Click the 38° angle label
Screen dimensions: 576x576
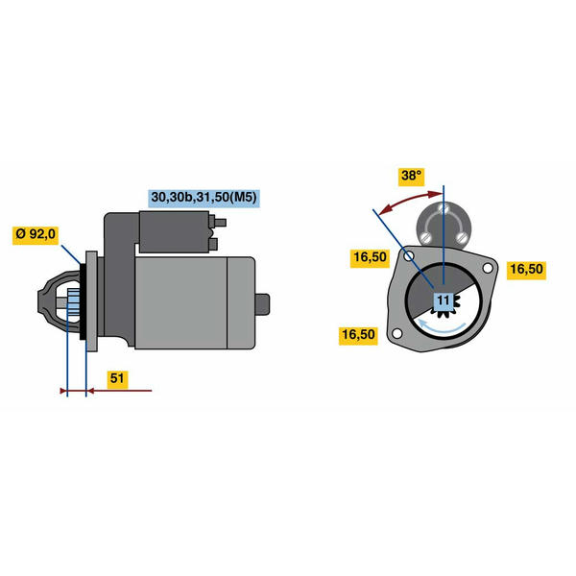click(x=411, y=177)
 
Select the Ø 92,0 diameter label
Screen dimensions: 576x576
click(x=36, y=234)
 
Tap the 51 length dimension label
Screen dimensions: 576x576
click(x=117, y=378)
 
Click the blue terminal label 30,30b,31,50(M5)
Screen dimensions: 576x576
click(x=204, y=198)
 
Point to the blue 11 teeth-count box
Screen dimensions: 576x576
click(x=444, y=300)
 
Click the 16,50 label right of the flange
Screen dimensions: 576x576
click(x=526, y=269)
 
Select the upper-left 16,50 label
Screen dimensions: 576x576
click(x=370, y=257)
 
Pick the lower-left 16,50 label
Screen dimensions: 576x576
click(x=358, y=335)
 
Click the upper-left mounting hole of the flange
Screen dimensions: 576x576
click(x=409, y=255)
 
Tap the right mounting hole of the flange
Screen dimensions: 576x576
click(x=488, y=269)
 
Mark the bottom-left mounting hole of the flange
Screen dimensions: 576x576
click(x=397, y=333)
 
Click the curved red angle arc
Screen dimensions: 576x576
click(x=410, y=200)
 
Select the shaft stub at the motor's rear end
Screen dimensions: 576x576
click(x=262, y=304)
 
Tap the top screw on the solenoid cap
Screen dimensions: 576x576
click(x=443, y=207)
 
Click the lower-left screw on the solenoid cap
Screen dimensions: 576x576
click(x=425, y=237)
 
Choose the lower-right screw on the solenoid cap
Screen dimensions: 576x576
click(x=462, y=237)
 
